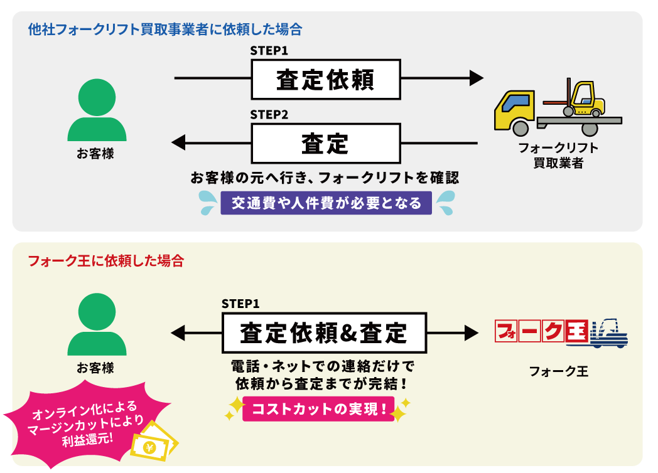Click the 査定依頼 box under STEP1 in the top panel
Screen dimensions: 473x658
click(x=325, y=80)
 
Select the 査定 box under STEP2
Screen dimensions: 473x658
click(x=325, y=144)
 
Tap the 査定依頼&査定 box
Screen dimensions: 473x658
click(x=324, y=333)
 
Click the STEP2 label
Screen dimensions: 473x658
click(x=269, y=115)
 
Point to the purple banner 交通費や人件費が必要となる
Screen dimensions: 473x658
click(x=326, y=203)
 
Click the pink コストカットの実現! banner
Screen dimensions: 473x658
click(x=318, y=409)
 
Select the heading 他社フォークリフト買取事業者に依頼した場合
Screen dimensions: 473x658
click(x=165, y=29)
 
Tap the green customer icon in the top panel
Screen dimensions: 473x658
click(x=97, y=110)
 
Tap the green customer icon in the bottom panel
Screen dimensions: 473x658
click(x=97, y=326)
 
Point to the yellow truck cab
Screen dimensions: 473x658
click(x=514, y=110)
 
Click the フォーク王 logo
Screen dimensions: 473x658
click(x=561, y=332)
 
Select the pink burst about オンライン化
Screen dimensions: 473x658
click(x=85, y=427)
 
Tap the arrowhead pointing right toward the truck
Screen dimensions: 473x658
click(x=477, y=78)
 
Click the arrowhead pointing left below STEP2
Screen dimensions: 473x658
click(x=179, y=143)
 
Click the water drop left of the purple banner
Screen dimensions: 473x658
click(x=207, y=202)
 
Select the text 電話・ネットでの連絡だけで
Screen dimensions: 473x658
click(x=323, y=366)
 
